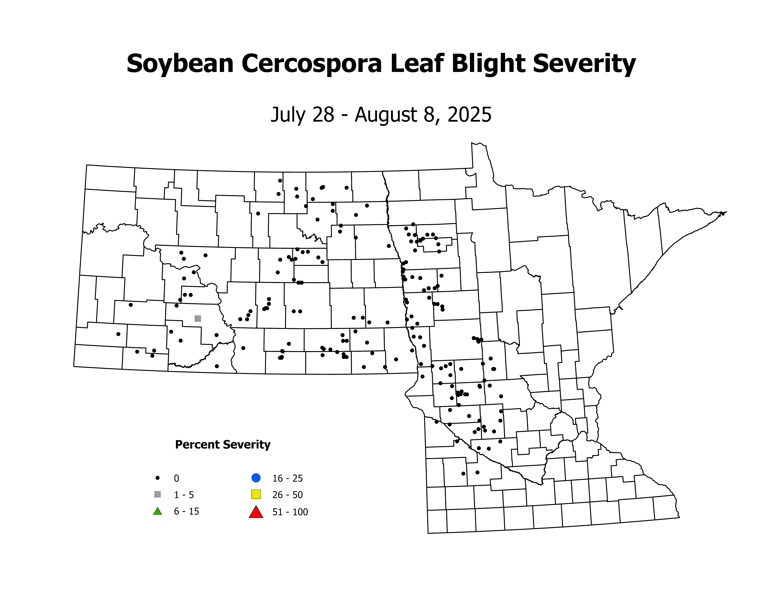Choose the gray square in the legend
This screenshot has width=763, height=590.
click(158, 494)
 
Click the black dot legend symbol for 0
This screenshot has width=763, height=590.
click(158, 478)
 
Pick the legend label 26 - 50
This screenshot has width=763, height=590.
click(288, 495)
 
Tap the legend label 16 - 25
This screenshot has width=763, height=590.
click(288, 478)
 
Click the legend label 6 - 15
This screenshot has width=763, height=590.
click(187, 511)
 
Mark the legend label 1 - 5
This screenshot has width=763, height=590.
click(184, 495)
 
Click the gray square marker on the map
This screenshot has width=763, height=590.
click(198, 318)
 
